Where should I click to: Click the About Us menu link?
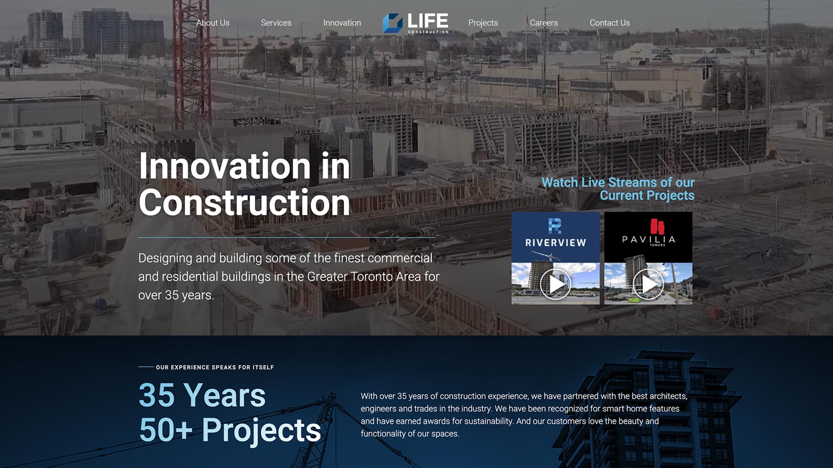pos(213,23)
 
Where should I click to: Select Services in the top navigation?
pos(276,23)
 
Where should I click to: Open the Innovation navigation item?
pos(342,23)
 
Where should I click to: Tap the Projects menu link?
pos(483,23)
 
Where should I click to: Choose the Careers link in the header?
pos(544,23)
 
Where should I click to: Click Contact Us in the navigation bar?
pos(610,23)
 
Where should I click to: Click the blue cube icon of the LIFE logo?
pos(393,23)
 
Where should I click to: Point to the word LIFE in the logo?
pos(428,20)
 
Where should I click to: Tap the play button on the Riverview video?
pos(555,284)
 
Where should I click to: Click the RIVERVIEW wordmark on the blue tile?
pos(556,243)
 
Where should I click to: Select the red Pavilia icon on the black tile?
pos(657,227)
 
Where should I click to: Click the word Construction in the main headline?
pos(244,202)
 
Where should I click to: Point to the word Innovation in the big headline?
pos(225,166)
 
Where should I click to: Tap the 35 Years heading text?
pos(202,395)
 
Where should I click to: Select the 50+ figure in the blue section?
pos(166,430)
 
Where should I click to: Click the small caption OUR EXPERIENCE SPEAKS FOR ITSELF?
pos(215,367)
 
